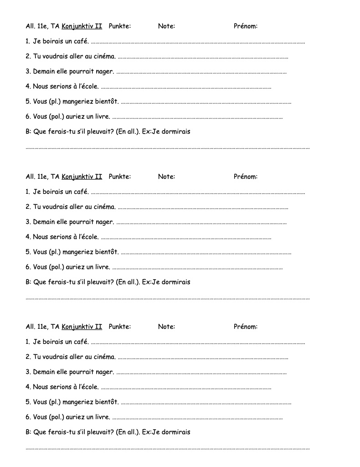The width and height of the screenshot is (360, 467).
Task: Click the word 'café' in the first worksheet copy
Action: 80,42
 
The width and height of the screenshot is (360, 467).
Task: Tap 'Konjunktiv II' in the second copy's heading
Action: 82,176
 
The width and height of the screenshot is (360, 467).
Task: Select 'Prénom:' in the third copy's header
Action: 245,327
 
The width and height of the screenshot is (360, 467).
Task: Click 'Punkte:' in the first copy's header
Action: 120,26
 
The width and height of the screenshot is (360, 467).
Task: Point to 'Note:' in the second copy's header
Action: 166,176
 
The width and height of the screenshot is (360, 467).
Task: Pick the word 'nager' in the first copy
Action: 104,72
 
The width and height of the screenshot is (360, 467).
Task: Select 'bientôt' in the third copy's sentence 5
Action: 106,402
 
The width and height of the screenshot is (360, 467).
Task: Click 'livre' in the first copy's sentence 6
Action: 102,117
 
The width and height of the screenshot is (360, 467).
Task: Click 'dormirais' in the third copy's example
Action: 176,432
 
